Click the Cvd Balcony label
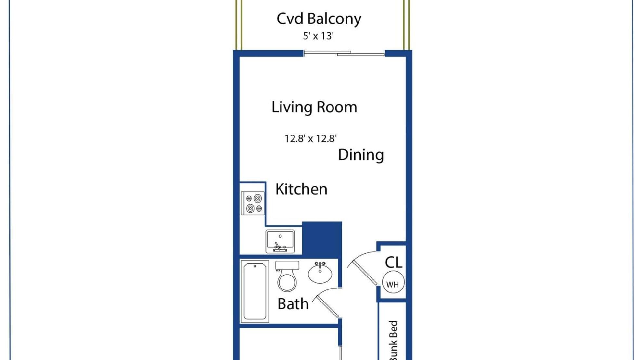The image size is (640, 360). tap(319, 19)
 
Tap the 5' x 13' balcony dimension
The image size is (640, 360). tap(318, 36)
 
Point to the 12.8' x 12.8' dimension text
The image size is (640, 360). tap(310, 139)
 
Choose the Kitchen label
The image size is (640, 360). tap(301, 189)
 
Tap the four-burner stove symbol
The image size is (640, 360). tap(253, 203)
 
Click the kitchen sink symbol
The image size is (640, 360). tap(280, 241)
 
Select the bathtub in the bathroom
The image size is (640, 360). tap(255, 291)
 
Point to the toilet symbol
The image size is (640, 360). tap(287, 276)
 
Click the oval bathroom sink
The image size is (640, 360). tap(320, 272)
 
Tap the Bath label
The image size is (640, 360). tap(293, 304)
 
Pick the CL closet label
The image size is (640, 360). tap(394, 263)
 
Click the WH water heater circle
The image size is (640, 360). tap(393, 282)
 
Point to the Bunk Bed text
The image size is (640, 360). tap(393, 340)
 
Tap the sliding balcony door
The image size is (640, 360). tap(344, 53)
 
